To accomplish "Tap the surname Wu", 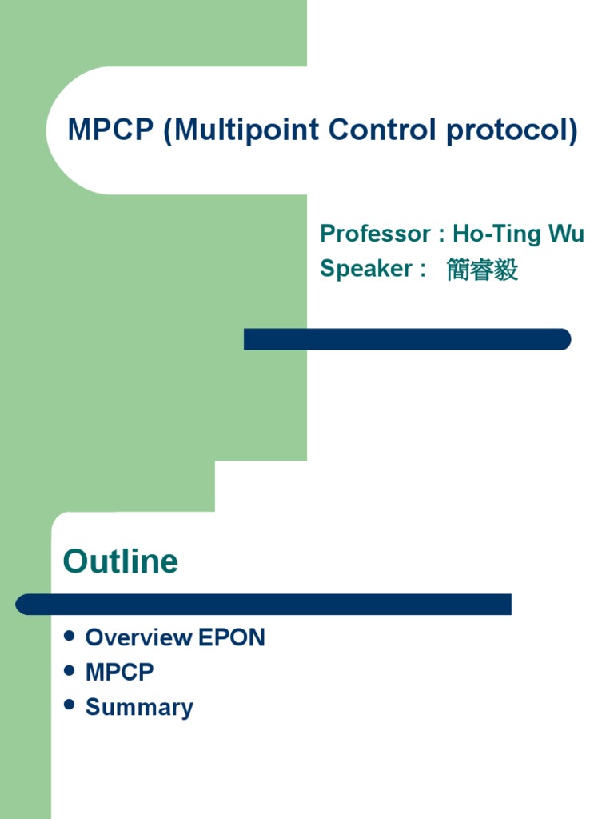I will [x=566, y=234].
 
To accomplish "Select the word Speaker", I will [x=365, y=269].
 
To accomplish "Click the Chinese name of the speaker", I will [x=482, y=270].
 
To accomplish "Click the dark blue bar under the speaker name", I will [x=407, y=339].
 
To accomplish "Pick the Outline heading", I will [x=121, y=561].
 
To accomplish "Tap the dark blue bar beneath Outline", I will [x=263, y=605].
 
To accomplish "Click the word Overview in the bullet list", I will [x=139, y=637].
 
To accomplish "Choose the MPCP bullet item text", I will [x=119, y=673].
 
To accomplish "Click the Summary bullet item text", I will [x=139, y=708].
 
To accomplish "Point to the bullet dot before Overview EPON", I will [x=69, y=637].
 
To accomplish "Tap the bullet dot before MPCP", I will [x=69, y=671].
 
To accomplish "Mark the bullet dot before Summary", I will [x=69, y=705].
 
